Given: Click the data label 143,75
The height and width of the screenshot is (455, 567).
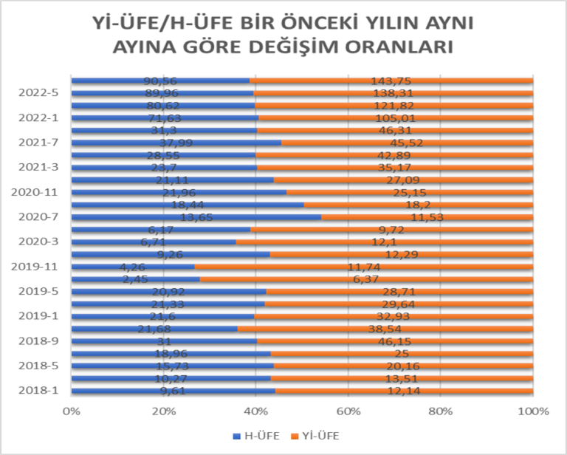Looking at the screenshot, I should point(391,81).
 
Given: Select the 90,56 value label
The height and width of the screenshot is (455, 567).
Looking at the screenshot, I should point(161,81).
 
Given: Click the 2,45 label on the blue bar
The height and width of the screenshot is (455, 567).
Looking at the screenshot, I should point(137,279).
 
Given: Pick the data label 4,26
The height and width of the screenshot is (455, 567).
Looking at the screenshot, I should point(134,267).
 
